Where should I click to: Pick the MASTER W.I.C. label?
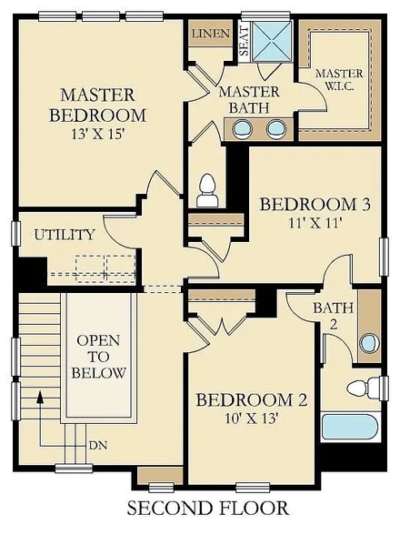338,80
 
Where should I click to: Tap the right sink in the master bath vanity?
274,128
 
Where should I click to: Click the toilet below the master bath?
206,189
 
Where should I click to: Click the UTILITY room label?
65,235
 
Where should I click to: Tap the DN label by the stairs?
97,446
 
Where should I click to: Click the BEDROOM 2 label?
251,400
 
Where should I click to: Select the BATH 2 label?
327,317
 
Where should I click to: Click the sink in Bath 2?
368,343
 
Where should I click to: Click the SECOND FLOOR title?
207,508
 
